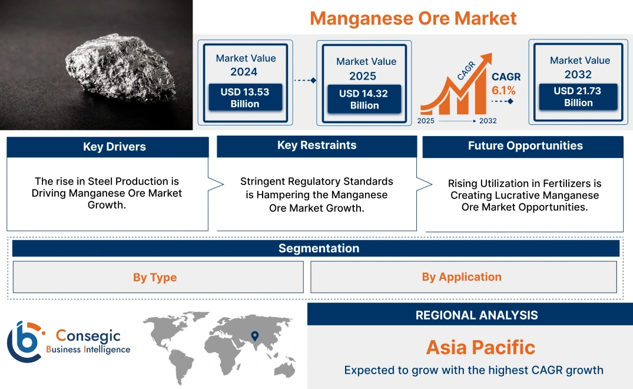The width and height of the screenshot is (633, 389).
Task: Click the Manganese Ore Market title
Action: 413,18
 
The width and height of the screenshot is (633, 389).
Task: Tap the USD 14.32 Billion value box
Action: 364,100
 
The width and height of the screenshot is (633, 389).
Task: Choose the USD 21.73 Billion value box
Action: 578,97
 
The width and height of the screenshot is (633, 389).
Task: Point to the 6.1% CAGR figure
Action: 503,90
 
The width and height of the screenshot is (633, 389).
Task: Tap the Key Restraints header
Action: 317,146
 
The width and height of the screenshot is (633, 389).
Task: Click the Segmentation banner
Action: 319,248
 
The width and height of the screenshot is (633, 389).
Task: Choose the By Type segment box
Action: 155,277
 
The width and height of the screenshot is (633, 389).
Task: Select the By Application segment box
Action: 462,277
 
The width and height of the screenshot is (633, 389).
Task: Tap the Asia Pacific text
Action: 480,347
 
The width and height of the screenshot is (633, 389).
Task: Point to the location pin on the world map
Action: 254,336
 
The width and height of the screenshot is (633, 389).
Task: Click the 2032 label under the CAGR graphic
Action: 488,121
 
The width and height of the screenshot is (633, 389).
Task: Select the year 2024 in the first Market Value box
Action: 244,72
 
